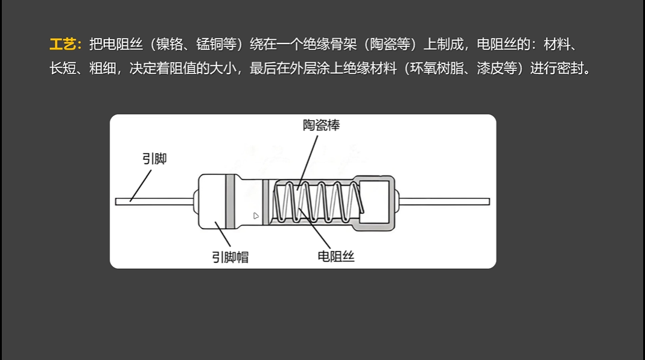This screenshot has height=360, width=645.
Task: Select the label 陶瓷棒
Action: pos(321,125)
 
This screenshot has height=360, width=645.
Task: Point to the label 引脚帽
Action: pos(230,257)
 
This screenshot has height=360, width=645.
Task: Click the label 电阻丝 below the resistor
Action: pos(335,256)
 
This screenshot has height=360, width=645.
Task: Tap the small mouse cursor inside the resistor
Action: pos(256,215)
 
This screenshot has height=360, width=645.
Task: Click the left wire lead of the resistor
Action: pos(154,201)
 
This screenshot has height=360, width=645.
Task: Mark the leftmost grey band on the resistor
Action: pos(230,201)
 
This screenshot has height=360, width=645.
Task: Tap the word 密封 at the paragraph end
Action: pos(570,68)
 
